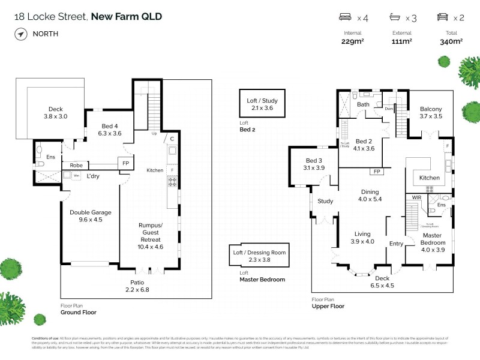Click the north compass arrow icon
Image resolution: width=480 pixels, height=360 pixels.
pos(22,34)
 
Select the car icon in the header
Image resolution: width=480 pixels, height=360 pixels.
pos(442,17)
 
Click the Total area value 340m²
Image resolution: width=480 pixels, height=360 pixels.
pos(451,41)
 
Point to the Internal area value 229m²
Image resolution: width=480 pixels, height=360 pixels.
pos(352,41)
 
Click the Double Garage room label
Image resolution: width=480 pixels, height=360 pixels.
pos(91,216)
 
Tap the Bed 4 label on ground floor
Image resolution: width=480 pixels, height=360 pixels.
pos(112,130)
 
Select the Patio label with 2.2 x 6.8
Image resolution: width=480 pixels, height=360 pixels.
pos(137,286)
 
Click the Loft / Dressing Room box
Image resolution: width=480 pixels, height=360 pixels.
pos(259,257)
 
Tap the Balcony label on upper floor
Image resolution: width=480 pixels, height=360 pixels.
pos(430,113)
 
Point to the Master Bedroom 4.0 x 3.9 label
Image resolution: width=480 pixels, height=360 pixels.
pos(432,239)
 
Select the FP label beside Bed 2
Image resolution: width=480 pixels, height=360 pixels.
pos(377,172)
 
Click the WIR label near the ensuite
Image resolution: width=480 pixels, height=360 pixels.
pos(415,197)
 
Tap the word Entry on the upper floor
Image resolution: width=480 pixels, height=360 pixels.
pos(397,244)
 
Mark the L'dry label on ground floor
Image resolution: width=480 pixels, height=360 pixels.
pos(92,176)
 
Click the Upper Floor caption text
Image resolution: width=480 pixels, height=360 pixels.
pos(328,306)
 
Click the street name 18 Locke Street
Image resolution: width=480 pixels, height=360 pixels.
pos(50,16)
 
